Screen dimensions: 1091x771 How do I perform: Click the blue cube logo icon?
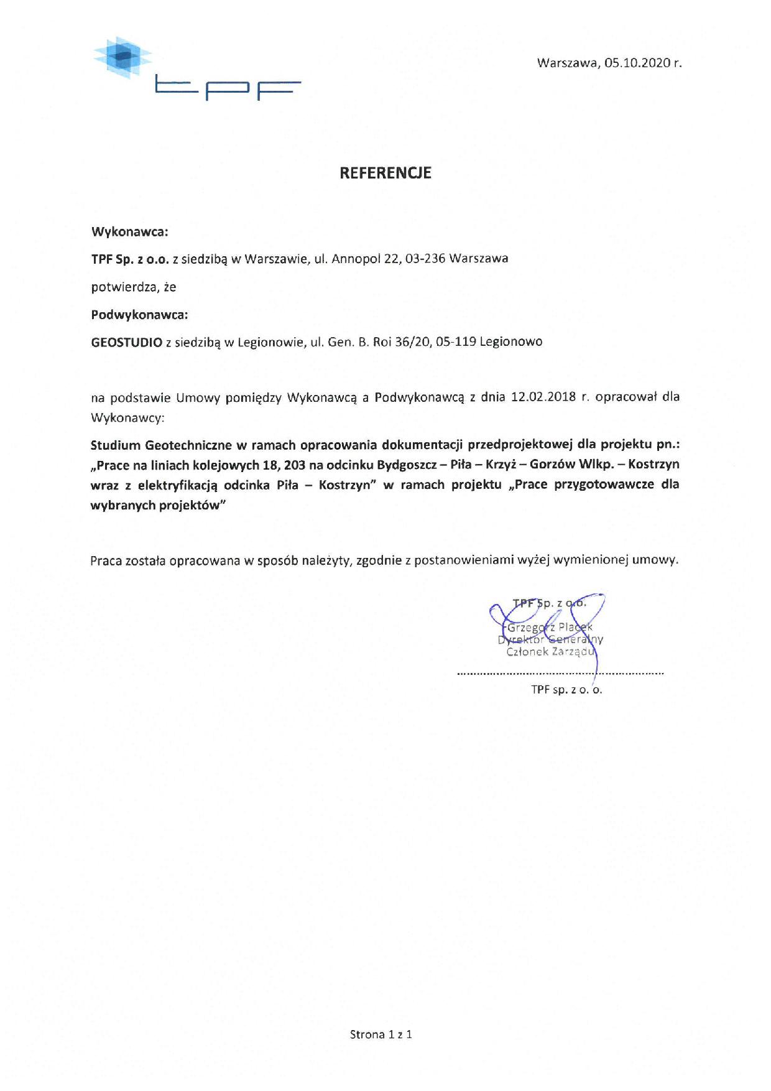click(122, 57)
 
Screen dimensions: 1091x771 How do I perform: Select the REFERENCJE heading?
click(385, 173)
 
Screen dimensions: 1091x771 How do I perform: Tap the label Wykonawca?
click(130, 232)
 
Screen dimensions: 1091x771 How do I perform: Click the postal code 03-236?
click(425, 258)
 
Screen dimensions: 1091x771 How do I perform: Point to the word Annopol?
click(356, 258)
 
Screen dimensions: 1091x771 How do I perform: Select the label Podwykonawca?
click(139, 315)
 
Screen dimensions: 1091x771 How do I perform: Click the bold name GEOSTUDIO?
click(126, 341)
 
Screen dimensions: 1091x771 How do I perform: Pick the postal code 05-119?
click(456, 341)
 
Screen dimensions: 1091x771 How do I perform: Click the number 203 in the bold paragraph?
click(294, 465)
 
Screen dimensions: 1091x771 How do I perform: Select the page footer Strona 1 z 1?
click(381, 1034)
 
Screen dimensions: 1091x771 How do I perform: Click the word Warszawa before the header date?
click(569, 63)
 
